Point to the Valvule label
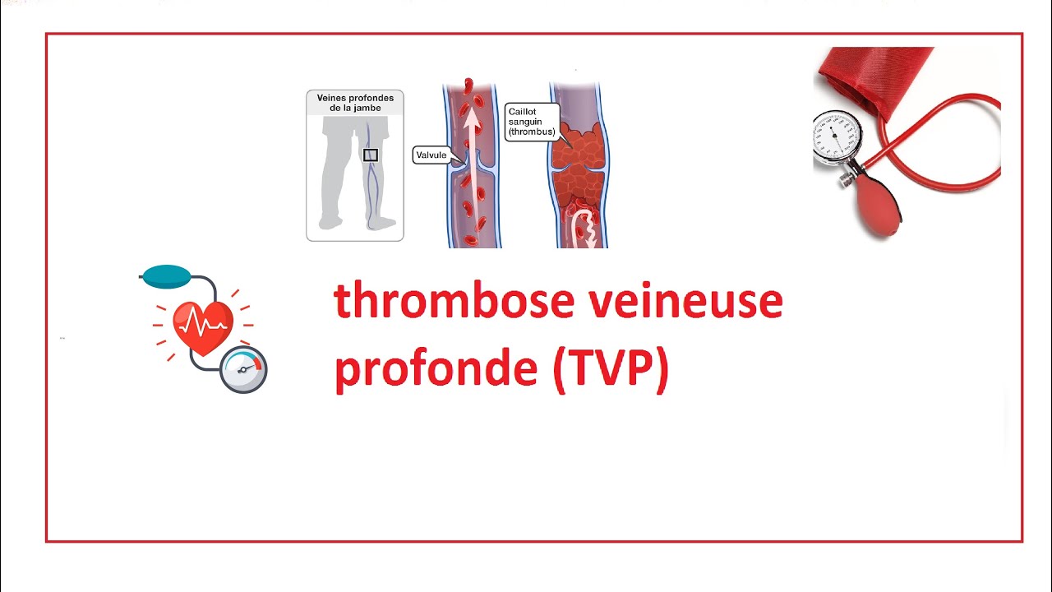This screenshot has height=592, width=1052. (431, 155)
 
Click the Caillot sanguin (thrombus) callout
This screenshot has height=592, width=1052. (532, 121)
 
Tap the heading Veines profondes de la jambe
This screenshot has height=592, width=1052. (355, 102)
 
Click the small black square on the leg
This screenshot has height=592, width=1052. (371, 155)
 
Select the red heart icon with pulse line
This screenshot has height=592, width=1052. (203, 325)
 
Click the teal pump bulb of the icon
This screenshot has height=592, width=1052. (166, 276)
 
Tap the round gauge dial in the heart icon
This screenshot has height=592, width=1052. (244, 369)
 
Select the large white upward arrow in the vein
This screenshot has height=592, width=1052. (472, 164)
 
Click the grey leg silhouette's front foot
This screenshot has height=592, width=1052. (330, 221)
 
